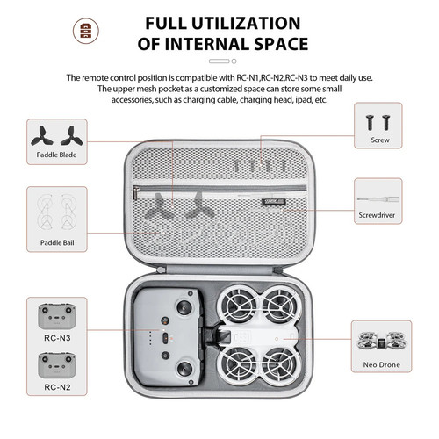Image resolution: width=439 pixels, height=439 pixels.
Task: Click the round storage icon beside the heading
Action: tap(86, 31)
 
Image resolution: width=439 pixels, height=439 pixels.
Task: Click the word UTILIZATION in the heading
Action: tap(246, 23)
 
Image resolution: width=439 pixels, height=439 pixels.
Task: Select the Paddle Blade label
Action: tap(56, 155)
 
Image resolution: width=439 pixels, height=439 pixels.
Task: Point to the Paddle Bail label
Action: tap(57, 242)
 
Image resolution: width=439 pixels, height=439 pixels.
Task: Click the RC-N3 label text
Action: tap(57, 338)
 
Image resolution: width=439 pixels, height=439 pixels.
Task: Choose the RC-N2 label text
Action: tap(57, 387)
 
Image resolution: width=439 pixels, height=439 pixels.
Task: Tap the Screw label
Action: tap(380, 140)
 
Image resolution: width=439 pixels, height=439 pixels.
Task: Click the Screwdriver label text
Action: tap(377, 215)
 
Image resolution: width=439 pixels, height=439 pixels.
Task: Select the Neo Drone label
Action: tap(381, 364)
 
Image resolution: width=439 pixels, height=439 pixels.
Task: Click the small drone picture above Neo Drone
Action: tap(381, 341)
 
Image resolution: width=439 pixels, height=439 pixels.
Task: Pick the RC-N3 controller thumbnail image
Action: tap(57, 316)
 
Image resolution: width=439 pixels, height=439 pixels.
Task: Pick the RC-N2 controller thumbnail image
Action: tap(57, 365)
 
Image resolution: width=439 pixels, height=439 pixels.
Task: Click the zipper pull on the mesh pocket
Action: tap(136, 192)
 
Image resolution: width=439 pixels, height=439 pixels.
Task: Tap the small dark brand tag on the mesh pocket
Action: tap(274, 202)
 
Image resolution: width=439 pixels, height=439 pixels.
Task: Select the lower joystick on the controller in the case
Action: tap(184, 367)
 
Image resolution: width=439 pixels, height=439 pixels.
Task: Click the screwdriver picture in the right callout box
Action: tap(378, 199)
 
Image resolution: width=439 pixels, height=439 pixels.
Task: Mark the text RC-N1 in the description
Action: tap(248, 78)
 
